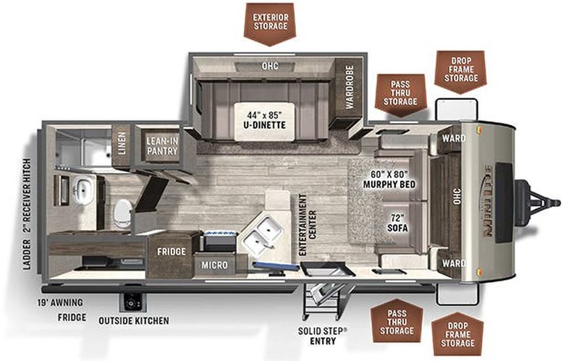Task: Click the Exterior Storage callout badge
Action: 270,24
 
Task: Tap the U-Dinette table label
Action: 264,120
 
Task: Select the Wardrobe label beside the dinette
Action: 350,87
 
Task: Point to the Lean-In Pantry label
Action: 162,146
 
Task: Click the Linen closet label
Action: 122,143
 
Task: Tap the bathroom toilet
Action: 122,213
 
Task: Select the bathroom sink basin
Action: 83,190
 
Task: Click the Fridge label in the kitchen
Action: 172,252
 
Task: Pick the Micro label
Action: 214,265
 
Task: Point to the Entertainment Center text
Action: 308,225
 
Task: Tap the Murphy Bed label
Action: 389,179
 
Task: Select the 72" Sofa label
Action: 397,223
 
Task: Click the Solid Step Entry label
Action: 323,336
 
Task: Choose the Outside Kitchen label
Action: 134,320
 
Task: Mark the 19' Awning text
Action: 60,303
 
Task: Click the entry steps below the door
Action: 322,301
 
